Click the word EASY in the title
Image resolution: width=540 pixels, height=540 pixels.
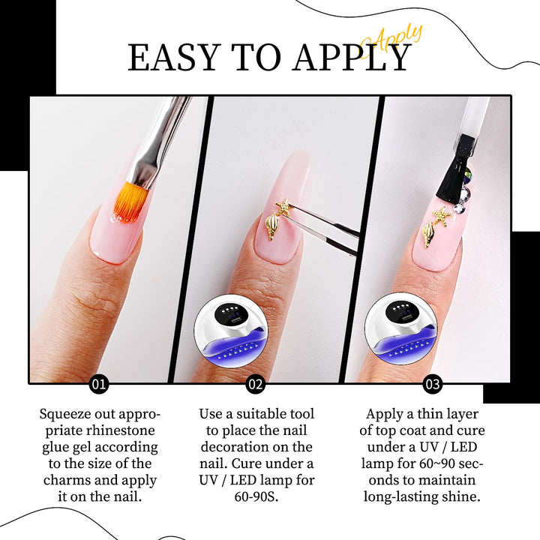click(174, 58)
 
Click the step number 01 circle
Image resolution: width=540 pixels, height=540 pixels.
click(99, 384)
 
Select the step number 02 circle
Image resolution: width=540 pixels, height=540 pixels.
click(255, 384)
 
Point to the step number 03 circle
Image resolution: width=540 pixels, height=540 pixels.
click(433, 384)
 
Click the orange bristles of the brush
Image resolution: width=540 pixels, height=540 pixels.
click(127, 203)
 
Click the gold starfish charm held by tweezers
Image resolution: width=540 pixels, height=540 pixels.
click(283, 207)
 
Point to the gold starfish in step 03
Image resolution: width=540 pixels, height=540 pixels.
click(439, 215)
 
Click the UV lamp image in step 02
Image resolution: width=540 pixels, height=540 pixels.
click(230, 329)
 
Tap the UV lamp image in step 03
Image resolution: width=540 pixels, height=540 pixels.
click(400, 329)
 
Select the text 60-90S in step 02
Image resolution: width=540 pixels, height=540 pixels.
click(256, 496)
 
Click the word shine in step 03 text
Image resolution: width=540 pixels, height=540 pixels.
click(460, 496)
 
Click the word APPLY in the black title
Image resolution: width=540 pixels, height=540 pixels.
click(352, 58)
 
